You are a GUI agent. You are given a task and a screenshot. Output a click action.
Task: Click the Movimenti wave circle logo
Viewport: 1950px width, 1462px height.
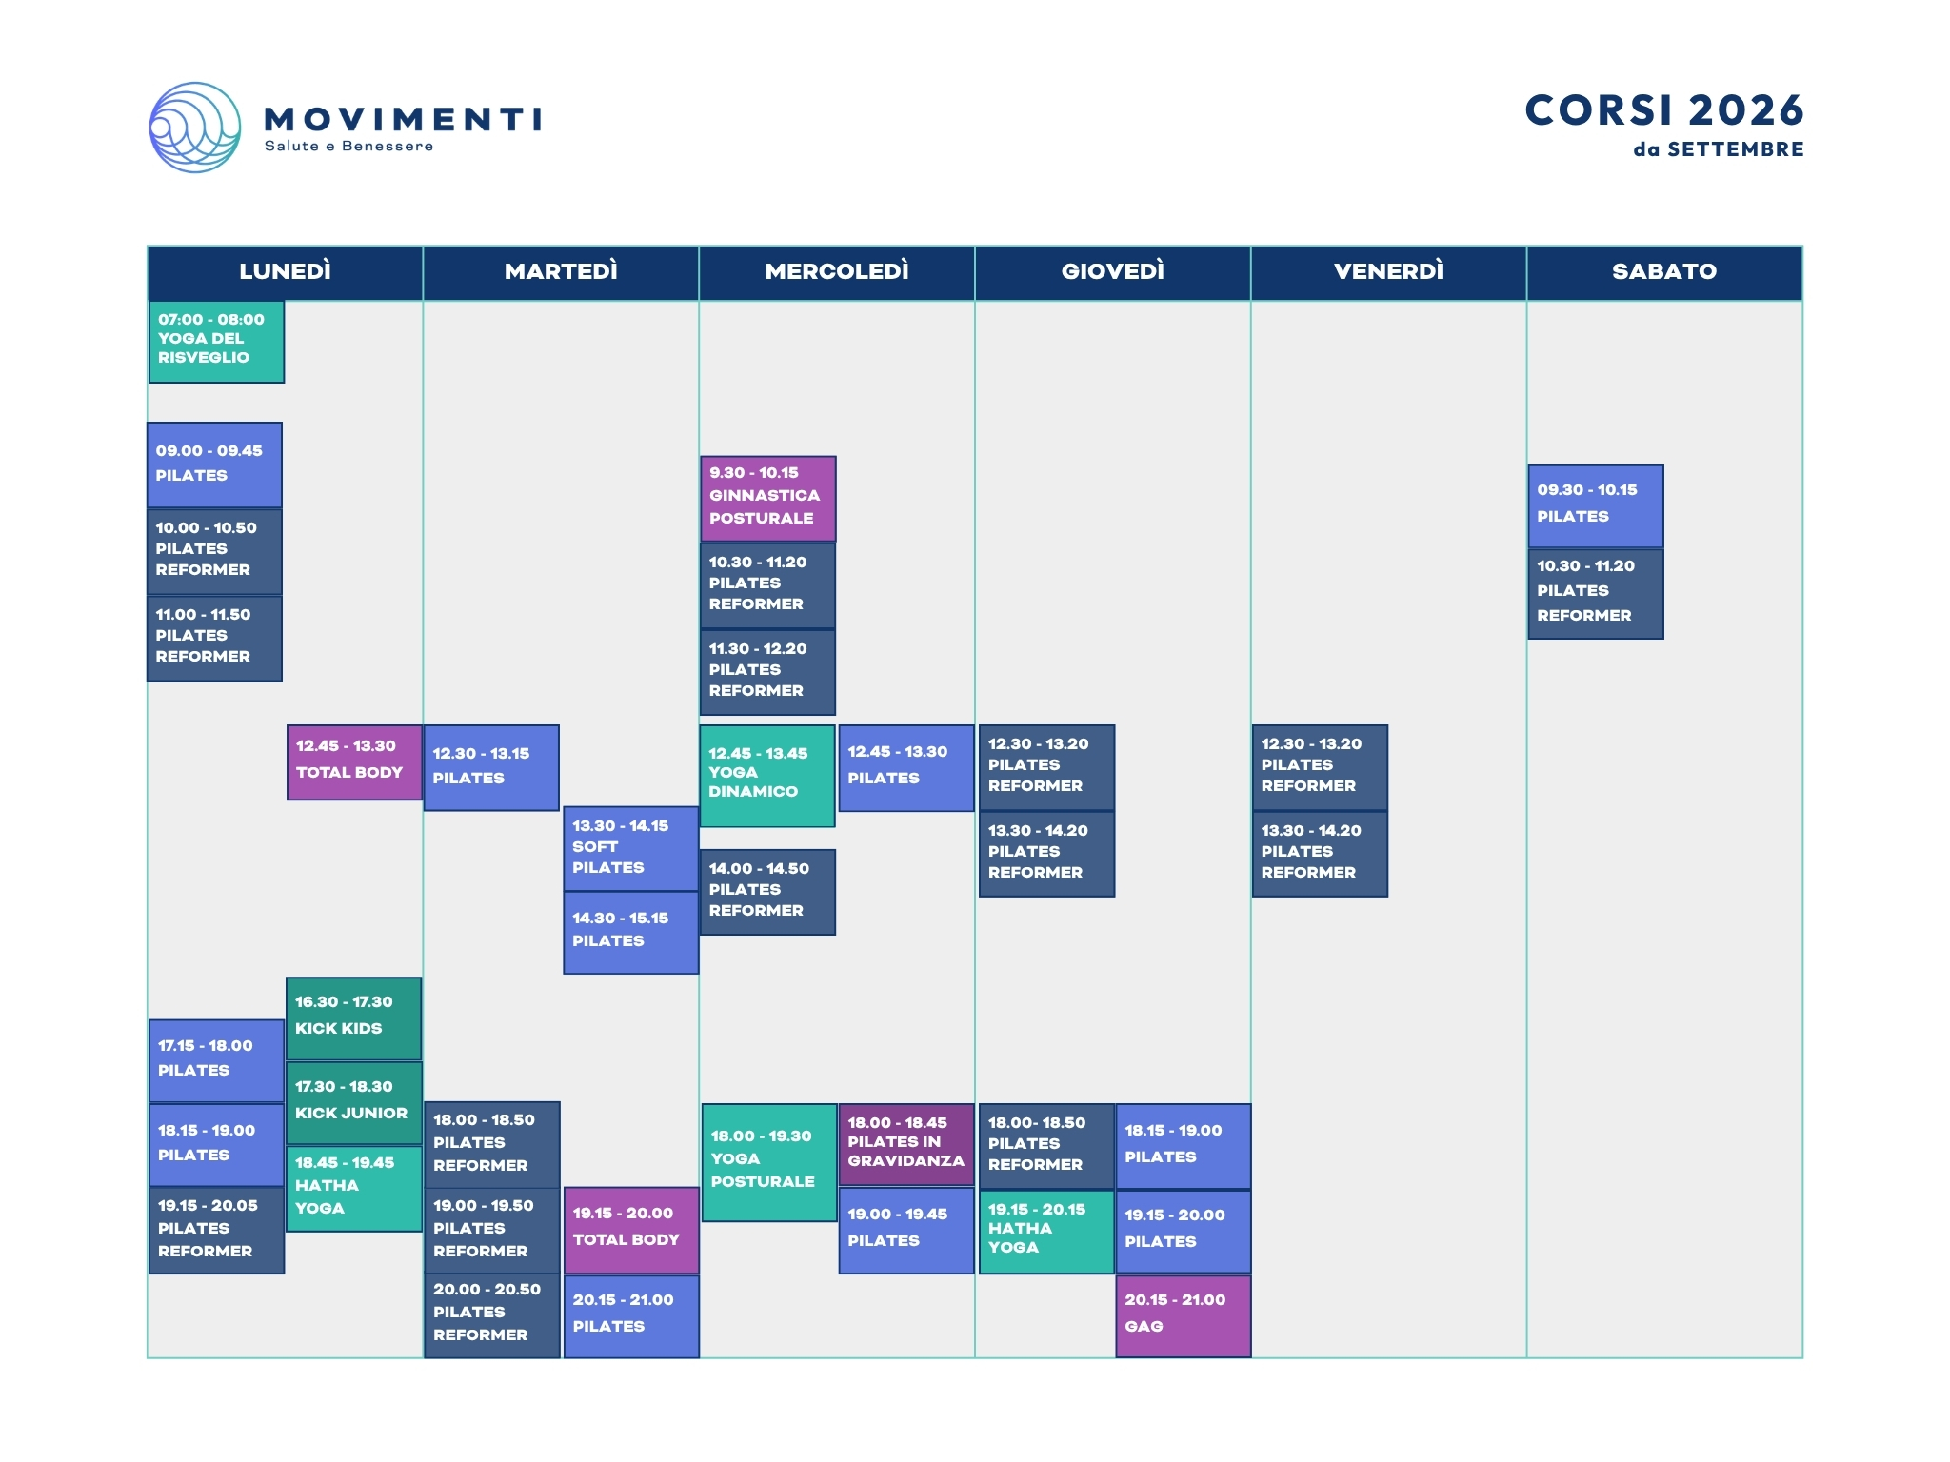[x=195, y=128]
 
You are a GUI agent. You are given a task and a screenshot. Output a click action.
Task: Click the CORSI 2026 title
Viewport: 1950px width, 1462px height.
[x=1664, y=110]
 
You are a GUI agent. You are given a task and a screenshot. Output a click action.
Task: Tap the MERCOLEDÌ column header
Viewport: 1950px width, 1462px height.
[x=837, y=272]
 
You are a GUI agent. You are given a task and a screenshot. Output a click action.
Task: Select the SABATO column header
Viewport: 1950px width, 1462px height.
[x=1664, y=272]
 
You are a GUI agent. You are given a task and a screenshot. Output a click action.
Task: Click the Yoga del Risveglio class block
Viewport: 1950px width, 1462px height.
[x=216, y=342]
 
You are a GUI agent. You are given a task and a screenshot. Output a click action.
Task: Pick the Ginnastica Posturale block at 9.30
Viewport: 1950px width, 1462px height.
[x=767, y=499]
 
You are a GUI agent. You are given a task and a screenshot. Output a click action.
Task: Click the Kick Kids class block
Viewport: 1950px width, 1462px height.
[x=353, y=1018]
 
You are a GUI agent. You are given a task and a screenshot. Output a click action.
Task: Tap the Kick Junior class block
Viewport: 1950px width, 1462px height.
[x=353, y=1102]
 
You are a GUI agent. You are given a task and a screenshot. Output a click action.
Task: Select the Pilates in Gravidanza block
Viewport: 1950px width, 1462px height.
[x=906, y=1144]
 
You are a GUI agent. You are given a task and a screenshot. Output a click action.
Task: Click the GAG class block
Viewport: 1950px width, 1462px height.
[x=1184, y=1315]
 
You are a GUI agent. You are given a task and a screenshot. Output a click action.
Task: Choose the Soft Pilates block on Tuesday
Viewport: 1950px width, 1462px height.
[x=630, y=848]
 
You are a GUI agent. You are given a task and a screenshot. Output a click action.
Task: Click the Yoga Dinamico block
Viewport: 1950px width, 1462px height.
[x=767, y=776]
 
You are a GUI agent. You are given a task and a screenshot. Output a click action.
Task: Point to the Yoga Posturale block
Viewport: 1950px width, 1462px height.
[x=769, y=1162]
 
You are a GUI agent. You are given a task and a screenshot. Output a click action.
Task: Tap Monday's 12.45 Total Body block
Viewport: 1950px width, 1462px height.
[x=354, y=761]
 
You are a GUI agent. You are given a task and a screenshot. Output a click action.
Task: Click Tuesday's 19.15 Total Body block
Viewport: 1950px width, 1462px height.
[x=631, y=1230]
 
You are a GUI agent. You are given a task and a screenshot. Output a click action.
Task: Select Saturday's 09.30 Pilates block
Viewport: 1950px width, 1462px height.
[x=1596, y=506]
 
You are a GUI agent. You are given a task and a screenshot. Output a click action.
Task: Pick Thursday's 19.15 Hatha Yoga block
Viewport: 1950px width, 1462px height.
[x=1046, y=1232]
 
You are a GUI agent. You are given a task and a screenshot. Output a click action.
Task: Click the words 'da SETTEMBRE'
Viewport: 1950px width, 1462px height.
[x=1719, y=149]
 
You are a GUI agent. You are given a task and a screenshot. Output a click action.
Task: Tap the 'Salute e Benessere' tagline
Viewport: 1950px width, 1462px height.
[x=348, y=146]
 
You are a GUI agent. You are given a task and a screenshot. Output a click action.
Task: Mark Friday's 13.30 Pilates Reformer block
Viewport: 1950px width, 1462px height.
[x=1320, y=853]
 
